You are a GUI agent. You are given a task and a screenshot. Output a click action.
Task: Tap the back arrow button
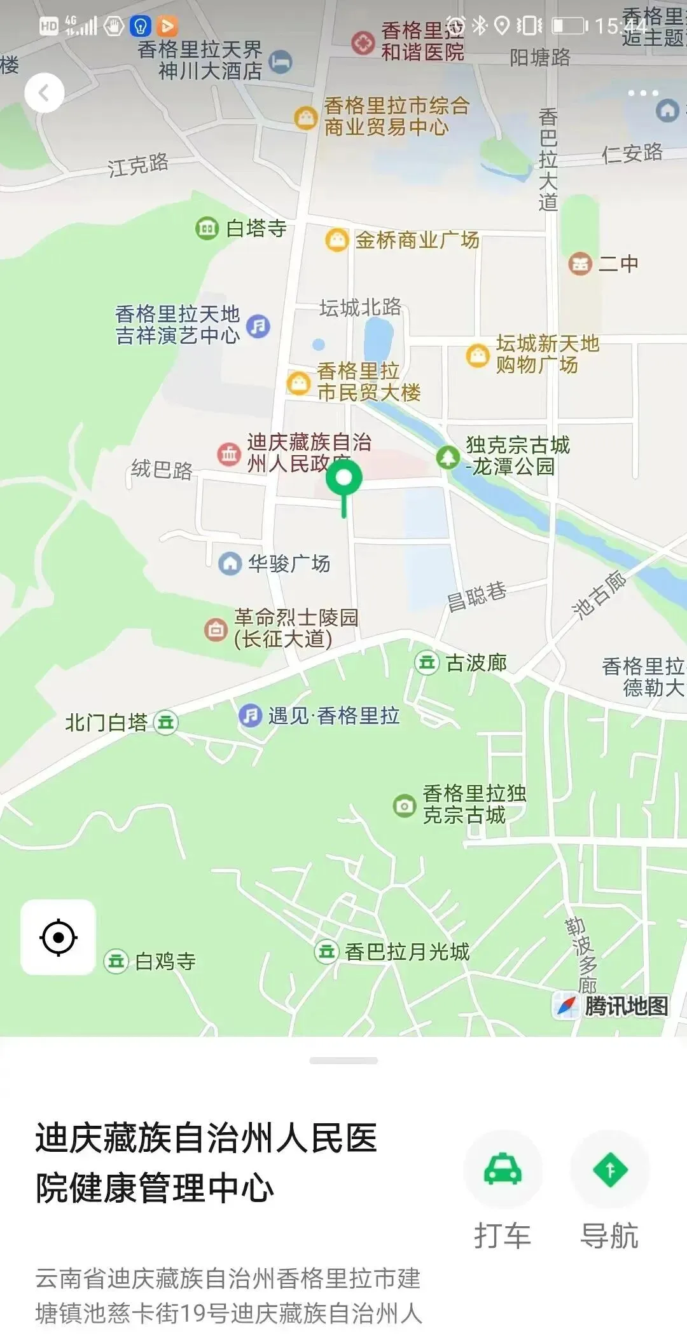pyautogui.click(x=44, y=93)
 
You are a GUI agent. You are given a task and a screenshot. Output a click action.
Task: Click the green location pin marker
pyautogui.click(x=344, y=479)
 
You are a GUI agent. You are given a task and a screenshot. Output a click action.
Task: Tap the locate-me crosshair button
pyautogui.click(x=59, y=937)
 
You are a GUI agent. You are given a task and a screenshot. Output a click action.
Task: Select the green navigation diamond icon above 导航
pyautogui.click(x=610, y=1169)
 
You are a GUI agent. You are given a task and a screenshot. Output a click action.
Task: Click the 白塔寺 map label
pyautogui.click(x=256, y=228)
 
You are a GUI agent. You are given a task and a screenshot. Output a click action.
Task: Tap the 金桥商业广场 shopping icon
pyautogui.click(x=337, y=240)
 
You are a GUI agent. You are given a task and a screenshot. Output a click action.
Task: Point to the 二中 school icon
pyautogui.click(x=579, y=263)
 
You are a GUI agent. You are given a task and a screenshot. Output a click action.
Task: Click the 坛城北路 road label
pyautogui.click(x=360, y=308)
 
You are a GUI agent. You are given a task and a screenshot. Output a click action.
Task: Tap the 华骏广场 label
pyautogui.click(x=289, y=563)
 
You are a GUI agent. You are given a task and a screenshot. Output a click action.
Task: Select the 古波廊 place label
pyautogui.click(x=476, y=663)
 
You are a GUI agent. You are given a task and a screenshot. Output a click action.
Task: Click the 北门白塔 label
pyautogui.click(x=106, y=723)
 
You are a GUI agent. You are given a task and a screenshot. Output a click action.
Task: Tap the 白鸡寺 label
pyautogui.click(x=165, y=961)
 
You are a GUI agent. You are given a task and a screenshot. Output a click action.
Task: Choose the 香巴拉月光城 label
pyautogui.click(x=407, y=952)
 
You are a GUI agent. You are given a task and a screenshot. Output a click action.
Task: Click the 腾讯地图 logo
pyautogui.click(x=612, y=1006)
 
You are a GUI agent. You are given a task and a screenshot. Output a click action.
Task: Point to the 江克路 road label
pyautogui.click(x=138, y=165)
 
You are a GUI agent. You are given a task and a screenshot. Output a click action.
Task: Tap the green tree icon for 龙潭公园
pyautogui.click(x=448, y=456)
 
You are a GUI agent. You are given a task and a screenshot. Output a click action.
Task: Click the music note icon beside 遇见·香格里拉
pyautogui.click(x=251, y=716)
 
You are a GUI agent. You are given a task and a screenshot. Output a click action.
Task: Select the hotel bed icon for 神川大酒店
pyautogui.click(x=280, y=62)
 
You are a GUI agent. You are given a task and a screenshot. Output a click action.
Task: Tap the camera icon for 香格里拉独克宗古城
pyautogui.click(x=404, y=805)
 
